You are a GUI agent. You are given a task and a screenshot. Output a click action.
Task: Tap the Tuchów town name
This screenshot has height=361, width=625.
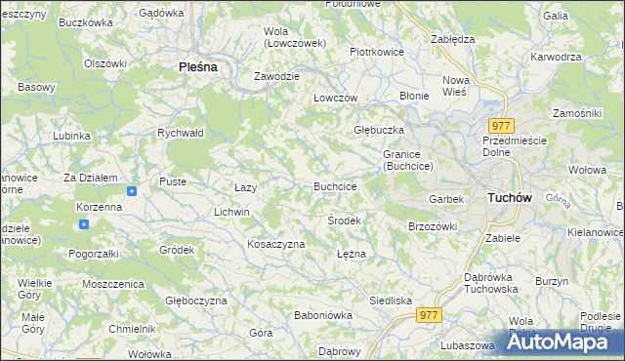508,197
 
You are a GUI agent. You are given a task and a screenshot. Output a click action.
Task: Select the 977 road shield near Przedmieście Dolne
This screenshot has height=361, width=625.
502,126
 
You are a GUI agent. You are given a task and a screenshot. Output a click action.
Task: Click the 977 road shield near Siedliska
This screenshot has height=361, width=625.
429,314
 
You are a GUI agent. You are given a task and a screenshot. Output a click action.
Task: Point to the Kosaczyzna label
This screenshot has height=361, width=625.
276,243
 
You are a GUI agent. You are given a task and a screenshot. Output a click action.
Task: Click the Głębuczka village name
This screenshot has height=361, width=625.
376,129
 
